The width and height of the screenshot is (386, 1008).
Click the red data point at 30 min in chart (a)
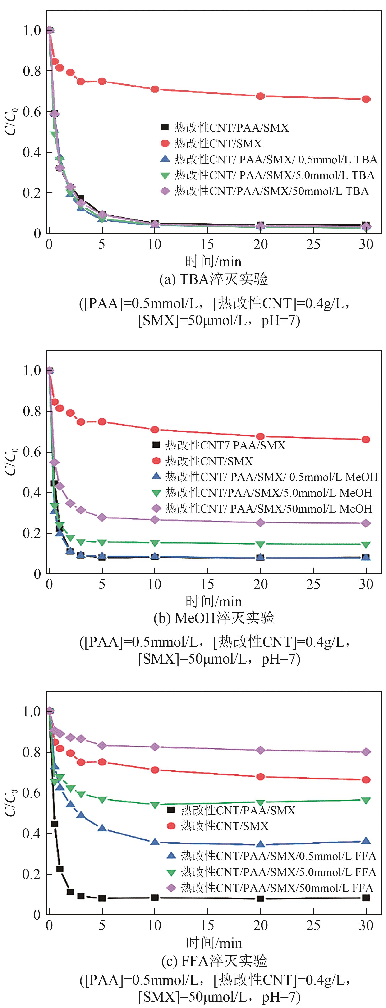[366, 99]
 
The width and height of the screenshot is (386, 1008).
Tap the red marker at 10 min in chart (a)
[155, 89]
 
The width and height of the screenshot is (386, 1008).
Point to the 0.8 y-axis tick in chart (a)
[32, 71]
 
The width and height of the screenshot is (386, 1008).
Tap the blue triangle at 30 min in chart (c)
[366, 841]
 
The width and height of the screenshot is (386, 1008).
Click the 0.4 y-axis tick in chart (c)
[32, 834]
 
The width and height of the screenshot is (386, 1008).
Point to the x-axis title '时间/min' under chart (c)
[213, 943]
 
